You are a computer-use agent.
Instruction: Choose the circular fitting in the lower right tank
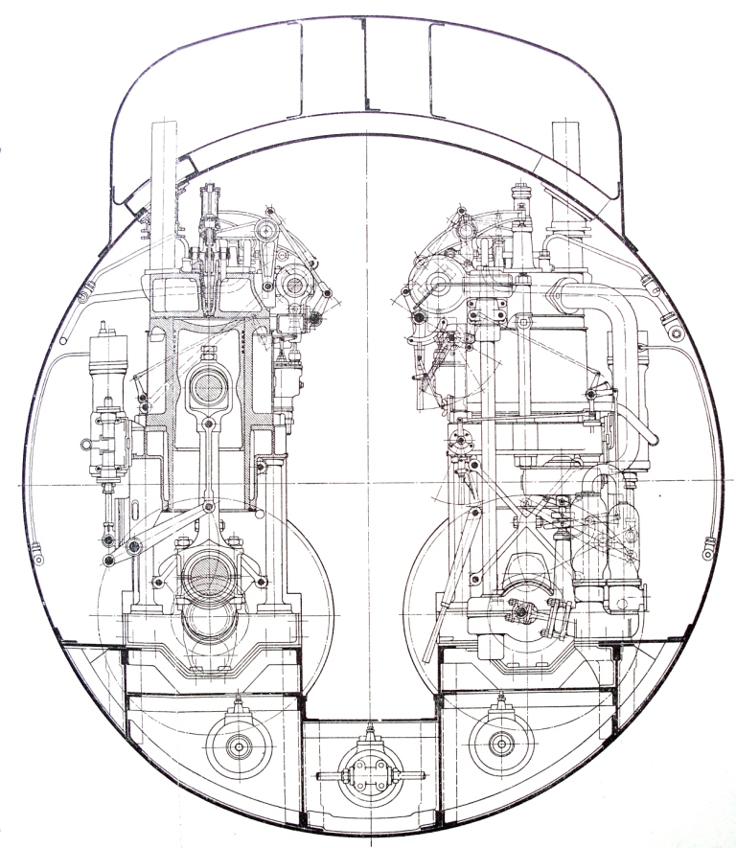tap(499, 741)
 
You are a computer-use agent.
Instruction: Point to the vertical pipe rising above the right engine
tap(567, 182)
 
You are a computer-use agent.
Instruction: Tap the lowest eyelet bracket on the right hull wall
tap(707, 551)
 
